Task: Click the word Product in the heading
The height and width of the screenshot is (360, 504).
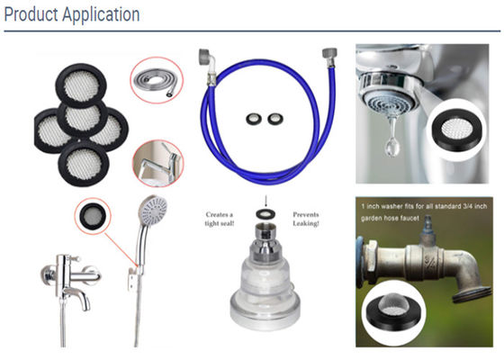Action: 31,14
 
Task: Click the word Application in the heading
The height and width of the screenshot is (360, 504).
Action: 101,15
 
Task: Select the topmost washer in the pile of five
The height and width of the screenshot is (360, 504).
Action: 81,85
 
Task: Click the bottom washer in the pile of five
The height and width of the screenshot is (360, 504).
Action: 84,164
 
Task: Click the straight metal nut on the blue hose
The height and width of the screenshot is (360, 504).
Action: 329,58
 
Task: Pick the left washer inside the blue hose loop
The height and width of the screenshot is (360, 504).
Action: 254,119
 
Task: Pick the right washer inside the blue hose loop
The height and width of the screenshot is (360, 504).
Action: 275,119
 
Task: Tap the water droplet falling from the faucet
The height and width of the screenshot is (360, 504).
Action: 392,143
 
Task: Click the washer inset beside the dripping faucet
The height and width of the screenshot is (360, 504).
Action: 457,130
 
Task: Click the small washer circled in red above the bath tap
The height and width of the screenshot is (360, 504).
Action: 93,216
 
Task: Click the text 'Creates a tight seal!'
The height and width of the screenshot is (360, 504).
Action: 220,219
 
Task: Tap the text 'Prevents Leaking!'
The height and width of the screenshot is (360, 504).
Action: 306,219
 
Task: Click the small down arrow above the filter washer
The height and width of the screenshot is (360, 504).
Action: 265,201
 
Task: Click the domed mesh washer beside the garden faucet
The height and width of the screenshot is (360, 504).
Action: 394,311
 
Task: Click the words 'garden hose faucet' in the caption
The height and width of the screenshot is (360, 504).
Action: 390,219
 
